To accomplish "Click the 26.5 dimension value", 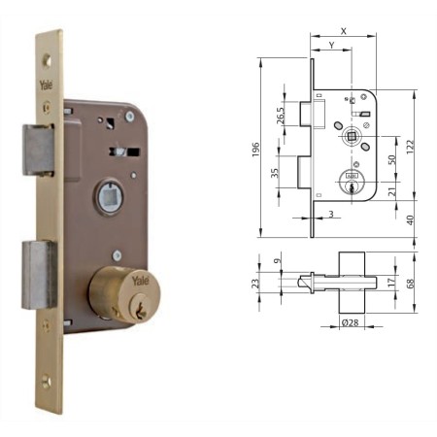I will click(x=282, y=114).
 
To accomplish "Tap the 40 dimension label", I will click(x=412, y=219).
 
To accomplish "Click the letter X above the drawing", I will click(x=344, y=30).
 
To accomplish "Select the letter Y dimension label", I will click(x=331, y=45).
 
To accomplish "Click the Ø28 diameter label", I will click(x=351, y=322).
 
